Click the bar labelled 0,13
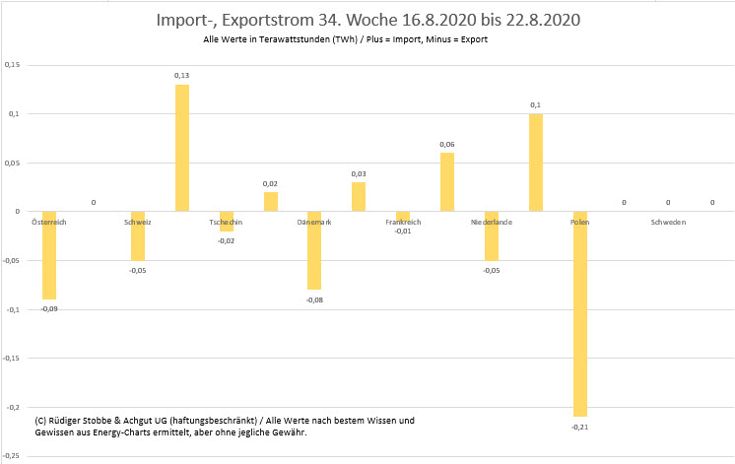(x=182, y=148)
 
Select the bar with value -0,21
(x=579, y=313)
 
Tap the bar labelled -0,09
(x=49, y=255)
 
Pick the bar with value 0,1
(x=536, y=163)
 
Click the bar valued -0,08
(x=314, y=250)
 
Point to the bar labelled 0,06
(x=447, y=182)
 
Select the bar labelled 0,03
(x=359, y=197)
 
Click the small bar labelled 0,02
(x=271, y=202)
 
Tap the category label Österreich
(x=50, y=223)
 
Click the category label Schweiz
(x=137, y=223)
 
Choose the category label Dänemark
(x=314, y=223)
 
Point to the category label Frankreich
(x=403, y=223)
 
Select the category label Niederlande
(x=491, y=223)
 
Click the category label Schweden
(x=668, y=223)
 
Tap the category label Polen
(x=579, y=223)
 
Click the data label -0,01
(x=403, y=232)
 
